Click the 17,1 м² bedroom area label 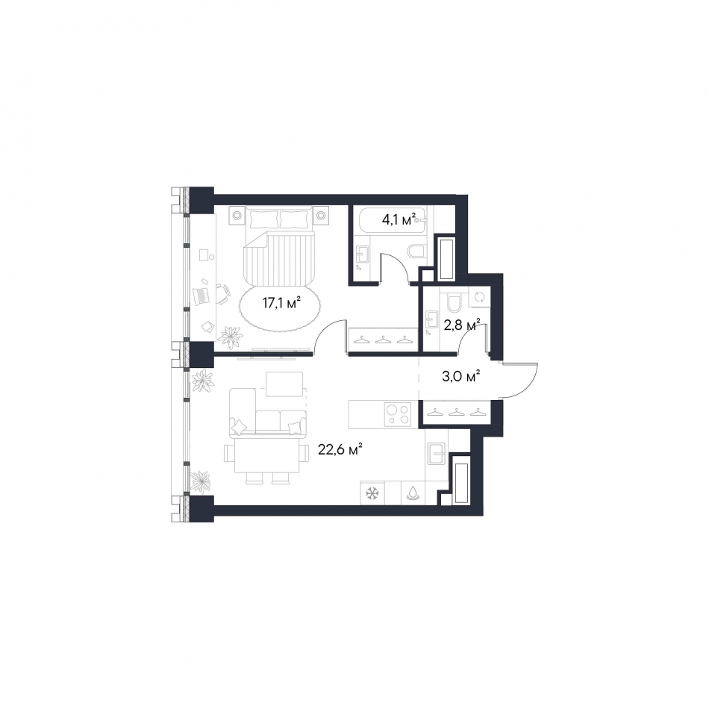(x=281, y=302)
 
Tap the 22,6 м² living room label (x=340, y=449)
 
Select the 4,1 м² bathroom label (x=399, y=219)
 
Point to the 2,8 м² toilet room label (x=461, y=324)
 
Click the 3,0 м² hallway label (x=460, y=375)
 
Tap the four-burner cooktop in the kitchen (x=398, y=415)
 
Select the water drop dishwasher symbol (x=413, y=493)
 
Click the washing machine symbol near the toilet (x=479, y=297)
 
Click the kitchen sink (x=437, y=454)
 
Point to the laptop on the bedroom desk (x=202, y=296)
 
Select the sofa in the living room (x=268, y=413)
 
